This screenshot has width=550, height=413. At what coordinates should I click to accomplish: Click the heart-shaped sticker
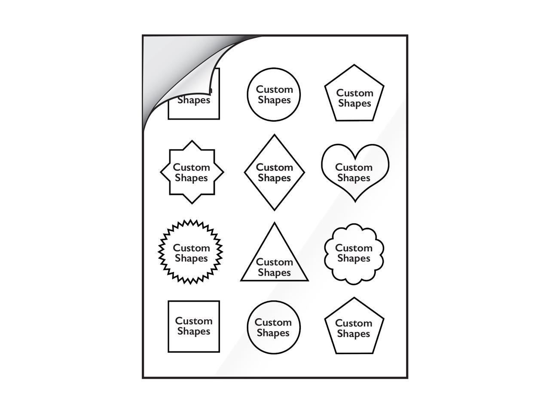pos(355,173)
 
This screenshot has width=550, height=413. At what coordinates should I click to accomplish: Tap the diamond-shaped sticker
pos(275,172)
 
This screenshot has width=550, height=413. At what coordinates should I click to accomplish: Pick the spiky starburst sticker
pos(190,252)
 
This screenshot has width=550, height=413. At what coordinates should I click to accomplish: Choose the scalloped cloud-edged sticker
pos(354,254)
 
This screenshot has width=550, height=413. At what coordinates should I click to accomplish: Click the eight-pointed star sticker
pos(192,172)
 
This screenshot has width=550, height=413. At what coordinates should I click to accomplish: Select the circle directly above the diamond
pos(274,95)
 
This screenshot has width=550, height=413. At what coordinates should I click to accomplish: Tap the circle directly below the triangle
pos(274,327)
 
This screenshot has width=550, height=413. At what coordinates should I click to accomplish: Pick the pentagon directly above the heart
pos(354,93)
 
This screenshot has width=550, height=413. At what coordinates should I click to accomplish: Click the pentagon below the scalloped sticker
pos(354,326)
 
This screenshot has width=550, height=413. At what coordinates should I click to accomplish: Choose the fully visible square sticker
pos(194,327)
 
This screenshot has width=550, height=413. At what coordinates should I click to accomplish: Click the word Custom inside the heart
pos(354,167)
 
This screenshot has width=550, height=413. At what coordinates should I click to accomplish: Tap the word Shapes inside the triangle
pos(275,273)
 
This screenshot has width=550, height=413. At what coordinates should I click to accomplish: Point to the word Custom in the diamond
pos(275,167)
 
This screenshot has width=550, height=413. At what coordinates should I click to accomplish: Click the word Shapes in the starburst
pos(191,258)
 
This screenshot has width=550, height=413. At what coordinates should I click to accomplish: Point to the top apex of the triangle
pos(275,223)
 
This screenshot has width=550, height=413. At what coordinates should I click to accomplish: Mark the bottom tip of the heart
pos(355,201)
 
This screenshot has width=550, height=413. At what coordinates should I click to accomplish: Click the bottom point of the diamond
pos(275,210)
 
